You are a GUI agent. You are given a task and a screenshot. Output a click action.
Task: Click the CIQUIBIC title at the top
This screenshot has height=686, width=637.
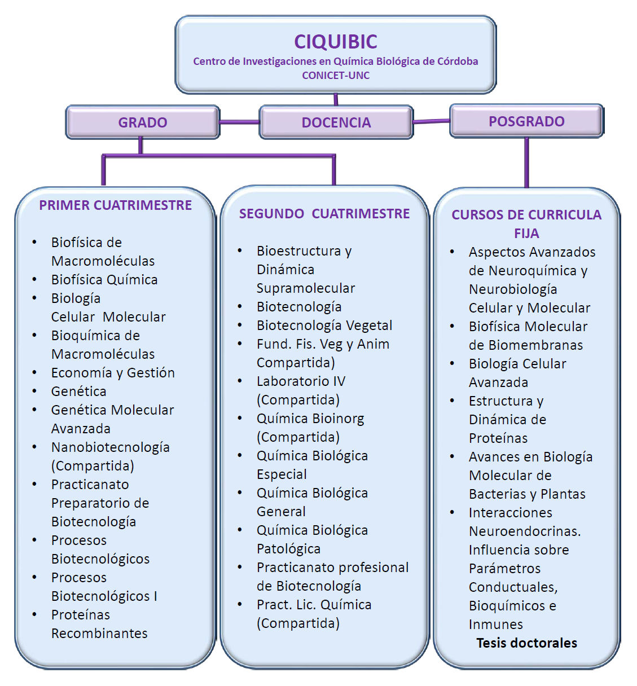pos(336,42)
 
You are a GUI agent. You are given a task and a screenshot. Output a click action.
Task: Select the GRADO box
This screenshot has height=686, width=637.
pos(143,122)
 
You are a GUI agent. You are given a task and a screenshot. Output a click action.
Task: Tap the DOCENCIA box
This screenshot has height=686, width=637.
pos(336,122)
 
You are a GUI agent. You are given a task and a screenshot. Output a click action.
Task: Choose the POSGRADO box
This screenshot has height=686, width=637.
pos(526,121)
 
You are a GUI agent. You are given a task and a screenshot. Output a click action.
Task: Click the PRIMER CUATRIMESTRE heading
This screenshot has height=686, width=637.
pos(115,205)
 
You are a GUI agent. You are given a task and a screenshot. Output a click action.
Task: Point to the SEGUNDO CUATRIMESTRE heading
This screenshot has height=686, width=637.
pos(324,214)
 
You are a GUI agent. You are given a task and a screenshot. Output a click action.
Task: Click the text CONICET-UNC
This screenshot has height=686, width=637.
pos(336,76)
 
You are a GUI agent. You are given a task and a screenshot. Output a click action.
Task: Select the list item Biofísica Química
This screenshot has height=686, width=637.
pos(104,280)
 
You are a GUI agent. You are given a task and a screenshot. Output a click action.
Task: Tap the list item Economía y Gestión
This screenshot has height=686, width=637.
pos(113,373)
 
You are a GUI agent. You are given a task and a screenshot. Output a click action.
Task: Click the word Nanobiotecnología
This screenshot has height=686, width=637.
pos(111,447)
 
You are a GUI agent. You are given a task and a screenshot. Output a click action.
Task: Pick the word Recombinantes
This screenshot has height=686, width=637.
pos(99,634)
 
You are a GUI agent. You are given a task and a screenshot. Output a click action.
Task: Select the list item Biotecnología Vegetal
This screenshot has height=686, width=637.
pos(324,326)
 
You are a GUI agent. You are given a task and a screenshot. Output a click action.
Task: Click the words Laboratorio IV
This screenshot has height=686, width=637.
pos(301,381)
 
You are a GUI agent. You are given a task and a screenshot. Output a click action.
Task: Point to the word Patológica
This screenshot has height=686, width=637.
pos(288,549)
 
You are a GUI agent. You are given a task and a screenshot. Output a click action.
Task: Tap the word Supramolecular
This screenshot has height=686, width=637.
pos(306,288)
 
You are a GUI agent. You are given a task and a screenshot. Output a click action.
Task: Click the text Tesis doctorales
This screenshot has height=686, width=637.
pos(526,643)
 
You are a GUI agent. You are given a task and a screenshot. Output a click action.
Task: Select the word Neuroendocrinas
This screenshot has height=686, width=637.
pos(524,531)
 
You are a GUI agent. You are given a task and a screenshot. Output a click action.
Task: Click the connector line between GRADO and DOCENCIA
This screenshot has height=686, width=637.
pos(239,122)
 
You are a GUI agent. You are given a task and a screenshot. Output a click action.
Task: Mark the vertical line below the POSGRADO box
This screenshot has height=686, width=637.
pos(526,162)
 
